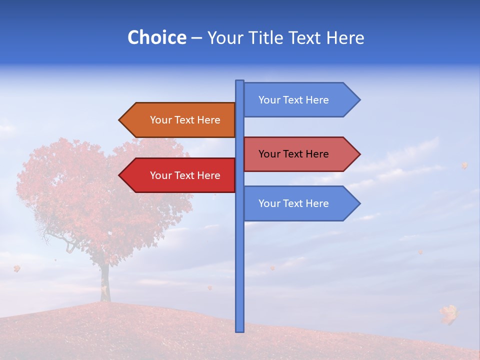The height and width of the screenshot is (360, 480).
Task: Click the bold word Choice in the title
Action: click(156, 37)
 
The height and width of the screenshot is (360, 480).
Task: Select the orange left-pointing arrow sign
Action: click(177, 120)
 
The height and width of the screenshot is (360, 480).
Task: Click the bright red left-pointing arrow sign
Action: click(177, 175)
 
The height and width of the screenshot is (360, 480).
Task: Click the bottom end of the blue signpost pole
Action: click(240, 330)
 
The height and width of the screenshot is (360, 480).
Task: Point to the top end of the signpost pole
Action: click(240, 82)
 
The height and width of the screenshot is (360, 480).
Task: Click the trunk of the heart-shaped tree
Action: click(104, 282)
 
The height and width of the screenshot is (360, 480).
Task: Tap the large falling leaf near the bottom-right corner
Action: click(449, 313)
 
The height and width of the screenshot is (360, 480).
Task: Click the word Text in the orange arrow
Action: click(185, 120)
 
